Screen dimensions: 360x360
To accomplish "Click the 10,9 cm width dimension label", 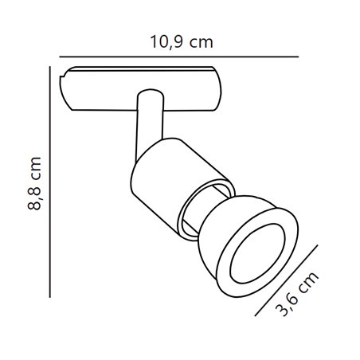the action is click(182, 42).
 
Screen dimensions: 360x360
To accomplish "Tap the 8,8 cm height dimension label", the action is click(34, 183).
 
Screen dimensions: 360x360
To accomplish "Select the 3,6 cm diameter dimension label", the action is click(296, 294).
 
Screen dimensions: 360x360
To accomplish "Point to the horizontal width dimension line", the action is click(179, 57).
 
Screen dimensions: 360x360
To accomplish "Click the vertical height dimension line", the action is click(50, 182).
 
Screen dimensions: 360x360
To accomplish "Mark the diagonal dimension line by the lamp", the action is click(286, 280).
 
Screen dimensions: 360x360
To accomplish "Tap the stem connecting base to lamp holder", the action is click(149, 125).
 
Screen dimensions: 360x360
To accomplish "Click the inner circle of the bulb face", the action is click(257, 254).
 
